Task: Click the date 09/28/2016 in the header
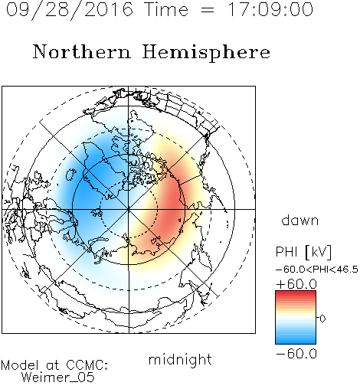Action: click(70, 10)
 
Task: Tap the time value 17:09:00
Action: click(270, 9)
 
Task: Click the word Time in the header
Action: click(166, 9)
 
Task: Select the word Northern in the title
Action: click(81, 51)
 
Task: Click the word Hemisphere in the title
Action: click(206, 52)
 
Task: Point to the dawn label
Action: click(300, 220)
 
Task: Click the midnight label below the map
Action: click(180, 359)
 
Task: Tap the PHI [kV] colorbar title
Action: click(303, 252)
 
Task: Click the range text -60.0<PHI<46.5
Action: click(317, 270)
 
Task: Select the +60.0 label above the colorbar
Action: click(296, 284)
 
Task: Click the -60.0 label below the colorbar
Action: click(296, 354)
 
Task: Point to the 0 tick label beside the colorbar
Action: click(322, 319)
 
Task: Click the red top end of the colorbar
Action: click(296, 293)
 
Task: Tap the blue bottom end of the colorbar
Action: click(296, 342)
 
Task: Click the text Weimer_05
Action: click(58, 378)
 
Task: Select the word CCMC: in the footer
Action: click(87, 364)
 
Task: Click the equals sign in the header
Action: click(208, 10)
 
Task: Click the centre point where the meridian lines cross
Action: click(129, 209)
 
